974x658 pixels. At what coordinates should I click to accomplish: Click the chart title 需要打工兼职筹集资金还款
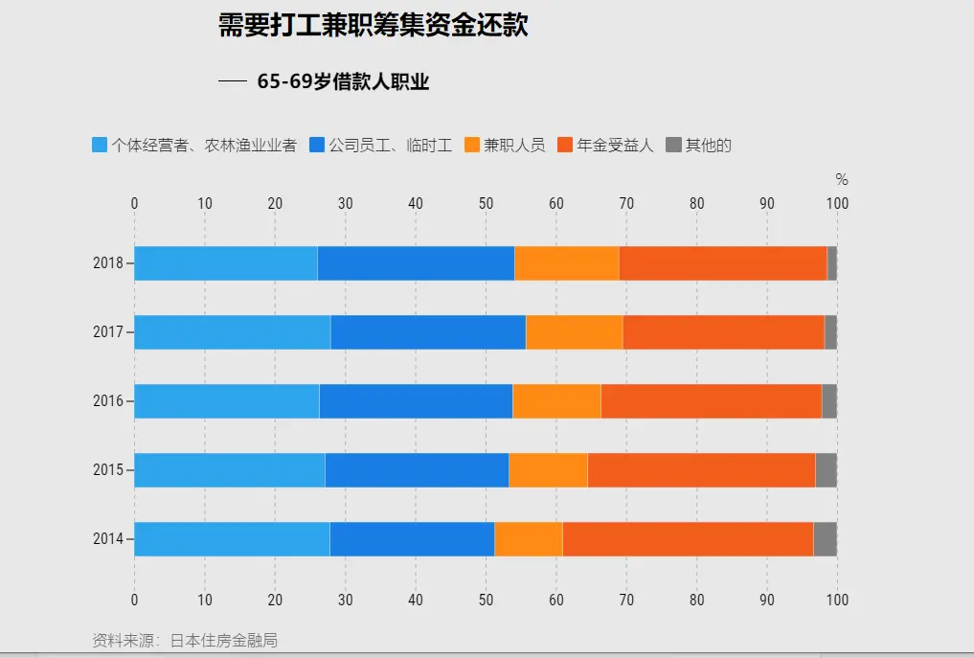click(373, 26)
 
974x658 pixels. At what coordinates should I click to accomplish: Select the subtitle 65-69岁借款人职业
click(343, 82)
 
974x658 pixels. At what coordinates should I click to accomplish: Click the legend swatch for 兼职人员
click(472, 146)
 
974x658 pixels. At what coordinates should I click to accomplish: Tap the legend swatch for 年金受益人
click(565, 146)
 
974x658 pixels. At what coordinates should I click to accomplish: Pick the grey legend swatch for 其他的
click(673, 146)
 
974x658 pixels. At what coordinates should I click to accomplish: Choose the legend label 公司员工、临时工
click(390, 146)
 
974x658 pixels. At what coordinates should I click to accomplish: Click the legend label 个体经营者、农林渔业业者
click(204, 146)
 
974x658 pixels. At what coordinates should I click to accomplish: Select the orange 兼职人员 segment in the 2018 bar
click(566, 263)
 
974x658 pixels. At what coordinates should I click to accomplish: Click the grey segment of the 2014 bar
click(825, 539)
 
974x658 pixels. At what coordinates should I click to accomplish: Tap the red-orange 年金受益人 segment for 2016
click(711, 401)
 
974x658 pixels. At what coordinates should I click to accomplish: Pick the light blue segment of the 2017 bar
click(232, 332)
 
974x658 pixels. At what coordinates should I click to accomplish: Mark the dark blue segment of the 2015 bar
click(417, 470)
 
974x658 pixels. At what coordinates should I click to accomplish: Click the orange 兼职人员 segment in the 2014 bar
click(528, 539)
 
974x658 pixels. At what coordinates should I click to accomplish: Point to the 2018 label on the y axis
click(108, 263)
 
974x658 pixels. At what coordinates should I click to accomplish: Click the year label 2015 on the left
click(108, 470)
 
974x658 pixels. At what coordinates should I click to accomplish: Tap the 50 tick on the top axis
click(486, 203)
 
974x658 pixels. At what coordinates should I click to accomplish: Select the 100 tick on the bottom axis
click(837, 600)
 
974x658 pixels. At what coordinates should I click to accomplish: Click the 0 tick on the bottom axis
click(134, 600)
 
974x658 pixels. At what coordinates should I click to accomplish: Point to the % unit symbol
click(842, 180)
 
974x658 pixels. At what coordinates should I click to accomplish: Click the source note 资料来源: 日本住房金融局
click(185, 640)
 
